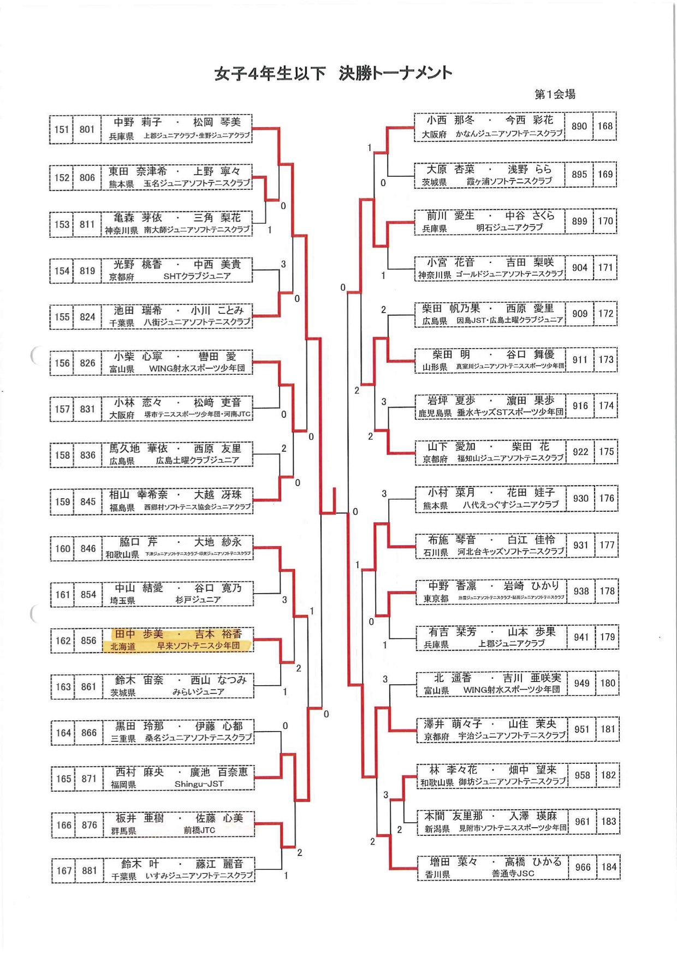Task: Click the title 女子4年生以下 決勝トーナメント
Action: click(333, 74)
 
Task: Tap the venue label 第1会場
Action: click(555, 94)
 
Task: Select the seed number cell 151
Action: click(61, 129)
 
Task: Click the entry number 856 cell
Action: click(88, 641)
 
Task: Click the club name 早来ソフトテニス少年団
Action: click(199, 646)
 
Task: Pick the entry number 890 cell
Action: click(579, 126)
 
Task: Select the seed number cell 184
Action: click(609, 867)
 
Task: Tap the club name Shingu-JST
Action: click(199, 785)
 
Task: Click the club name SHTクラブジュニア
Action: click(197, 277)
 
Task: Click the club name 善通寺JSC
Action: click(513, 874)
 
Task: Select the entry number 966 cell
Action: click(583, 867)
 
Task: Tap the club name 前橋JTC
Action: click(199, 830)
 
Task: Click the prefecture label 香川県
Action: click(437, 874)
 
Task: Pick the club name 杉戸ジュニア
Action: click(198, 600)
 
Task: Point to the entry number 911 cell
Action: click(580, 360)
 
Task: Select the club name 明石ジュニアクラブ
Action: click(509, 228)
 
